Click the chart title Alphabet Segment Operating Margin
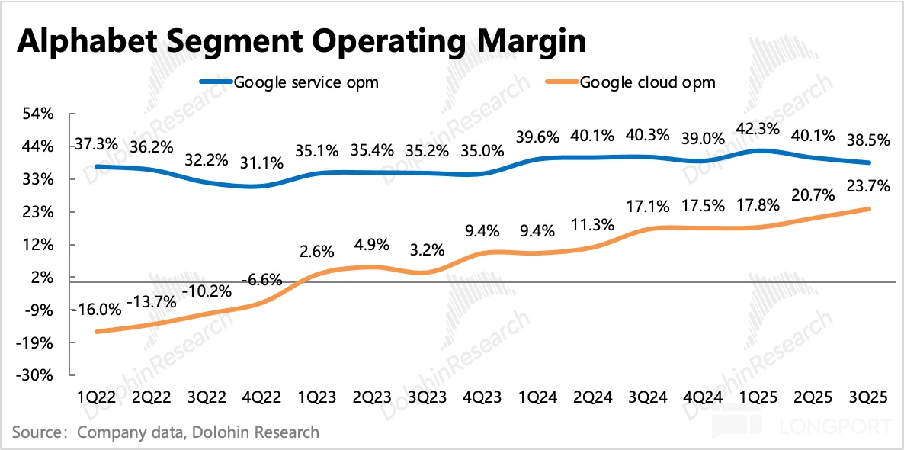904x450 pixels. (301, 41)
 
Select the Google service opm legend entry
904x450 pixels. (306, 82)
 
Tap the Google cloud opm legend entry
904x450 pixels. (647, 82)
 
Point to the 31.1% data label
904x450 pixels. (263, 162)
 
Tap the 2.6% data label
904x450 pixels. (318, 250)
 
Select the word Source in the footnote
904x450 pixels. (38, 432)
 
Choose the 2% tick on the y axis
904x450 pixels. (43, 278)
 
